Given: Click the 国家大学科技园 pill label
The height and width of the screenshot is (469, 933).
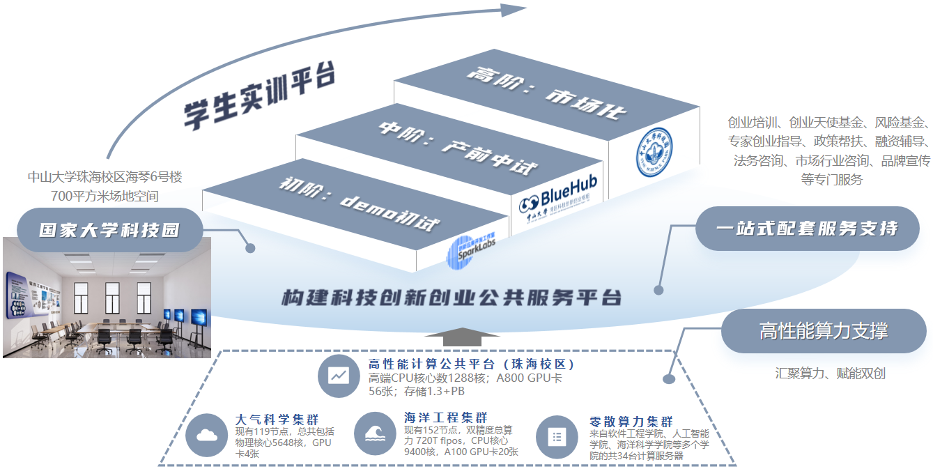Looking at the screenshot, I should [109, 230].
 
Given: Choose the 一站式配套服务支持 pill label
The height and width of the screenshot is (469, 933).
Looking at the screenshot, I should [807, 229].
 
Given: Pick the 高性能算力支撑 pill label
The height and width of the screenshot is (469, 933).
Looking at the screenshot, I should [824, 331].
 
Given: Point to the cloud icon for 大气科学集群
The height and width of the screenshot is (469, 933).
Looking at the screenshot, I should [207, 436].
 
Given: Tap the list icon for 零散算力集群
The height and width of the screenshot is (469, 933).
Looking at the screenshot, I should [557, 437].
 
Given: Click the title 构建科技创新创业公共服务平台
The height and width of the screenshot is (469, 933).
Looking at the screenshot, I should [451, 298].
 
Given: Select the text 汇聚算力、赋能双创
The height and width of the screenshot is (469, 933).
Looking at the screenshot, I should [830, 373].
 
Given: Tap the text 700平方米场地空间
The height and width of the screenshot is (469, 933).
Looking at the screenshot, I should [105, 196].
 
